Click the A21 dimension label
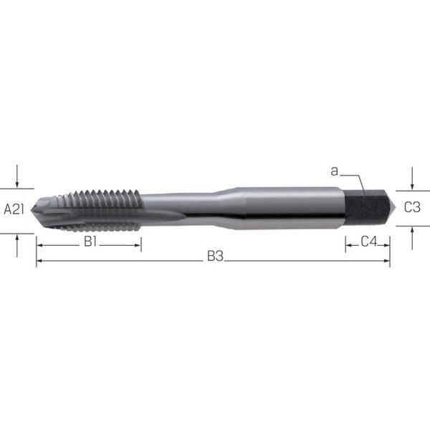[14, 210]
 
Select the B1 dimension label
[90, 242]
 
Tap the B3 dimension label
[215, 257]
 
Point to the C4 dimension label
[369, 242]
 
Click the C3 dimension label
[412, 207]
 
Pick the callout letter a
[334, 171]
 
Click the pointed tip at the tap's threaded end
[32, 210]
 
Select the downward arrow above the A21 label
[17, 176]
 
